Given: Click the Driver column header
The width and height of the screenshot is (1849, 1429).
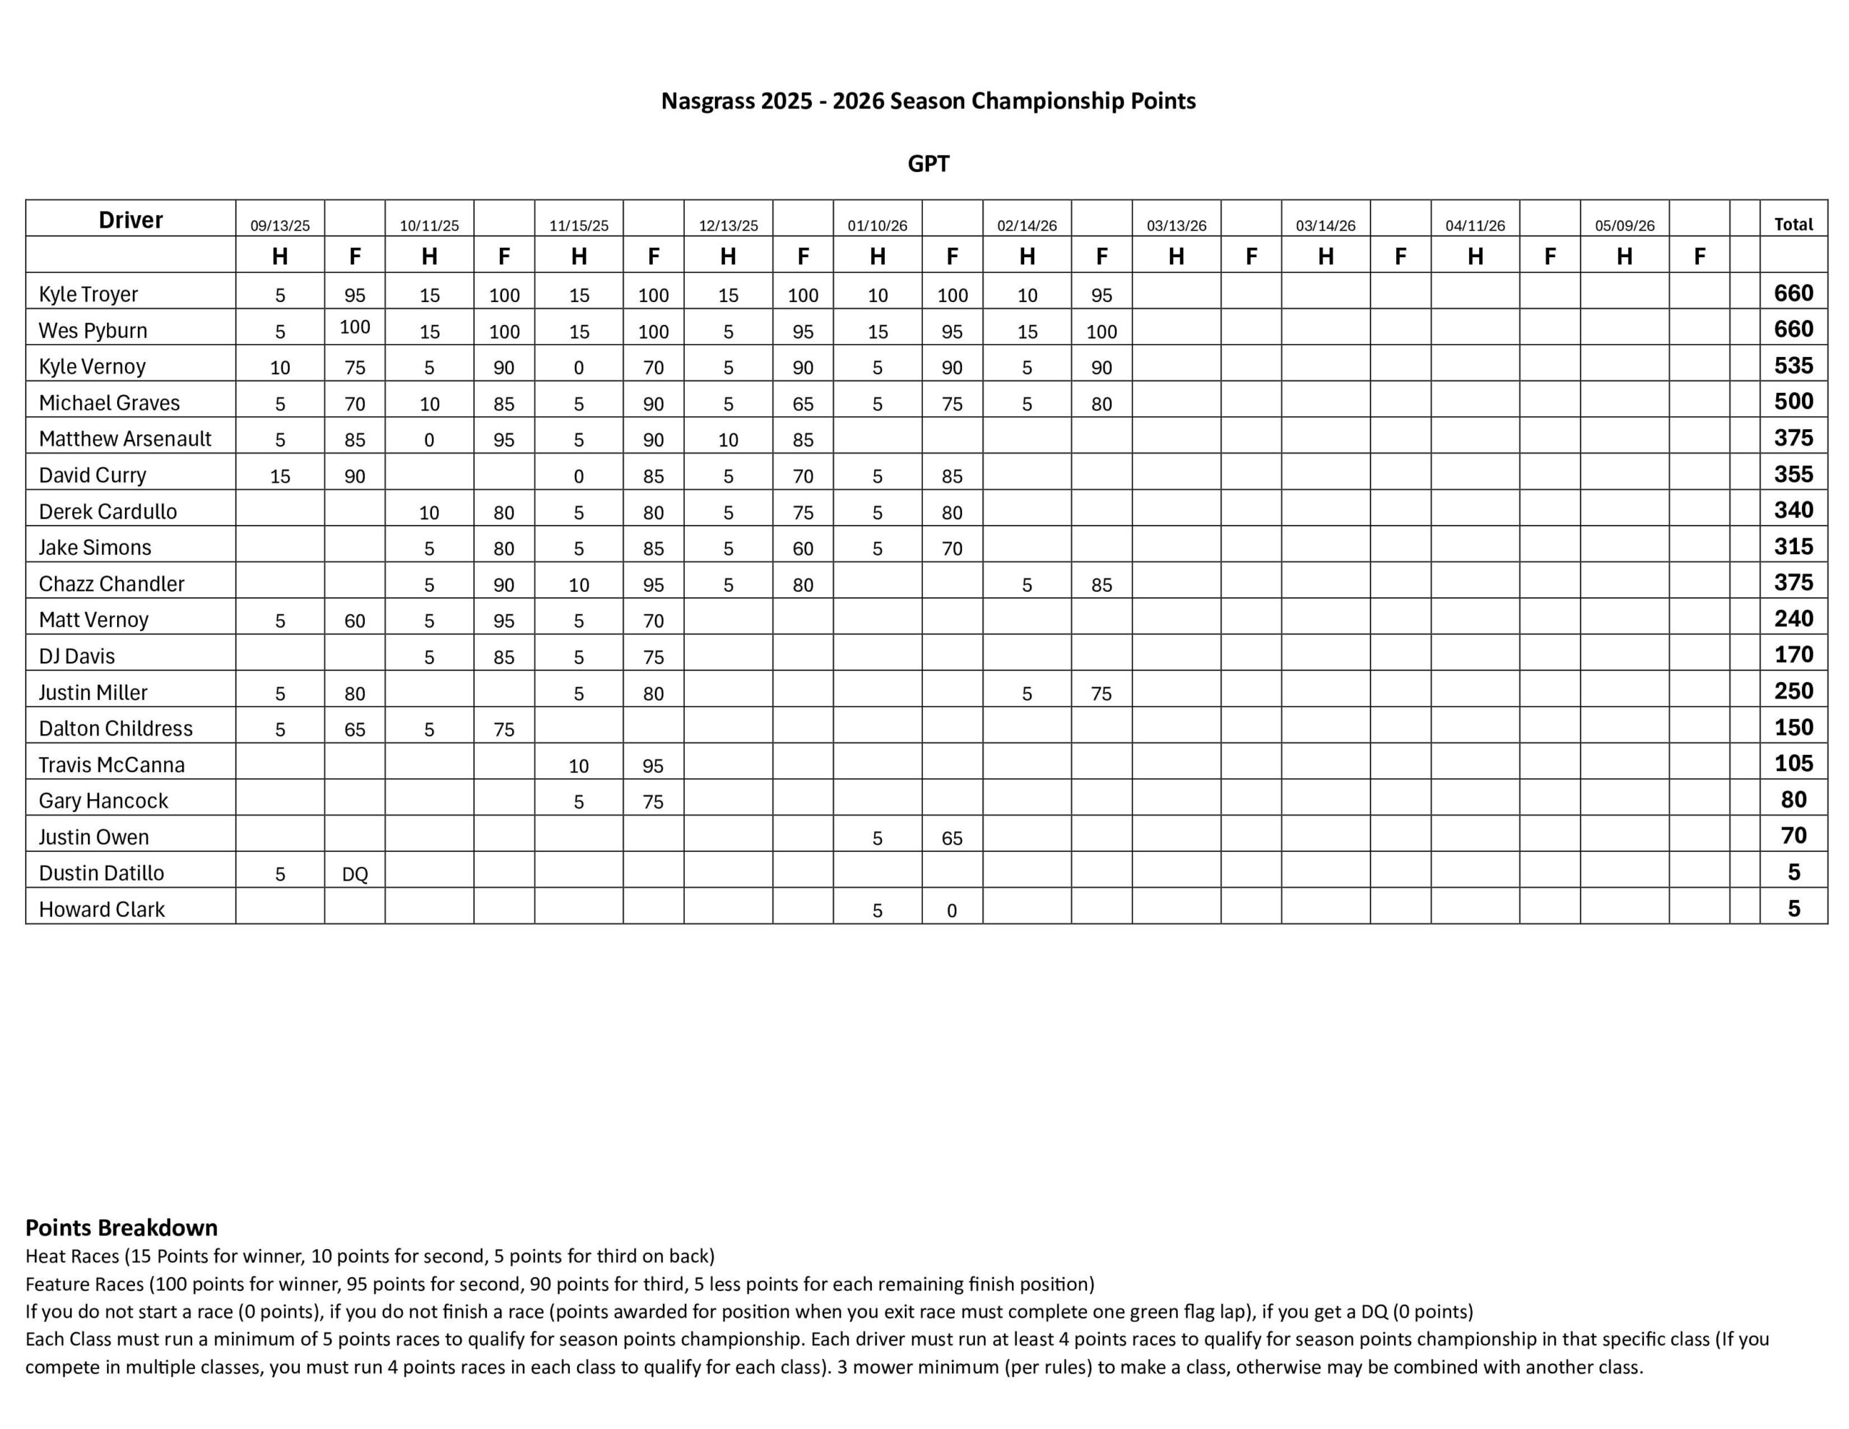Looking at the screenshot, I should (x=131, y=220).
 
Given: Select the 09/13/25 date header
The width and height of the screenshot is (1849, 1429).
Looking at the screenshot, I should (x=280, y=226).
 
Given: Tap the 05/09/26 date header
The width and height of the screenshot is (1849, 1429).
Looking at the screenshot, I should (x=1624, y=226).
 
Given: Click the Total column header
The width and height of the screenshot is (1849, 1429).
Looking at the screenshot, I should (x=1793, y=225).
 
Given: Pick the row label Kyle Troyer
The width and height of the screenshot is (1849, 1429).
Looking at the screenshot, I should (x=88, y=294).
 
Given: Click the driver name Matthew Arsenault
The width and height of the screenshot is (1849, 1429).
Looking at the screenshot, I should (x=125, y=439).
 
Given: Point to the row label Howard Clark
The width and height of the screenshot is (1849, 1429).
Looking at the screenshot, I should (x=102, y=909).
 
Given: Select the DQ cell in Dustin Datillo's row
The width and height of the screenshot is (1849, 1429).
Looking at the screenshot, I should (x=355, y=874).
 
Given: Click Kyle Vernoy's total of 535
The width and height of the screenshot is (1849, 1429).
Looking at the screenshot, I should (x=1793, y=366).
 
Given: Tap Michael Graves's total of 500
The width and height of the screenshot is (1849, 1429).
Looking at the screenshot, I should (x=1793, y=402).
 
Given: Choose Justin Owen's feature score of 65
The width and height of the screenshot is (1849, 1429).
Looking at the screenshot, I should (x=952, y=839).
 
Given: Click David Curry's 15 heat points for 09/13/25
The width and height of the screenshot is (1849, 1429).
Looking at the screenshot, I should (x=280, y=476).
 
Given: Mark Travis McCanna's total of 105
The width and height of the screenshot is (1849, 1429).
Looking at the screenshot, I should (x=1793, y=764).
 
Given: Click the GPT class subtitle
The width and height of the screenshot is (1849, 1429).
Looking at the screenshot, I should (x=928, y=163).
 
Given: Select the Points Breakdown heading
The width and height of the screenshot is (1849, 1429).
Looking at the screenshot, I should (x=122, y=1227).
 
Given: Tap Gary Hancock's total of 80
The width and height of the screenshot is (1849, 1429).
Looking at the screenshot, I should (x=1793, y=800).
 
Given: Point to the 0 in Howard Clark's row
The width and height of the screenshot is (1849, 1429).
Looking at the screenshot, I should (x=952, y=910).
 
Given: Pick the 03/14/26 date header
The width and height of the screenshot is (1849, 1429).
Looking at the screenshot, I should (x=1325, y=226).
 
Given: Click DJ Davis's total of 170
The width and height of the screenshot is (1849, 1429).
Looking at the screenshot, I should (x=1793, y=655).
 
